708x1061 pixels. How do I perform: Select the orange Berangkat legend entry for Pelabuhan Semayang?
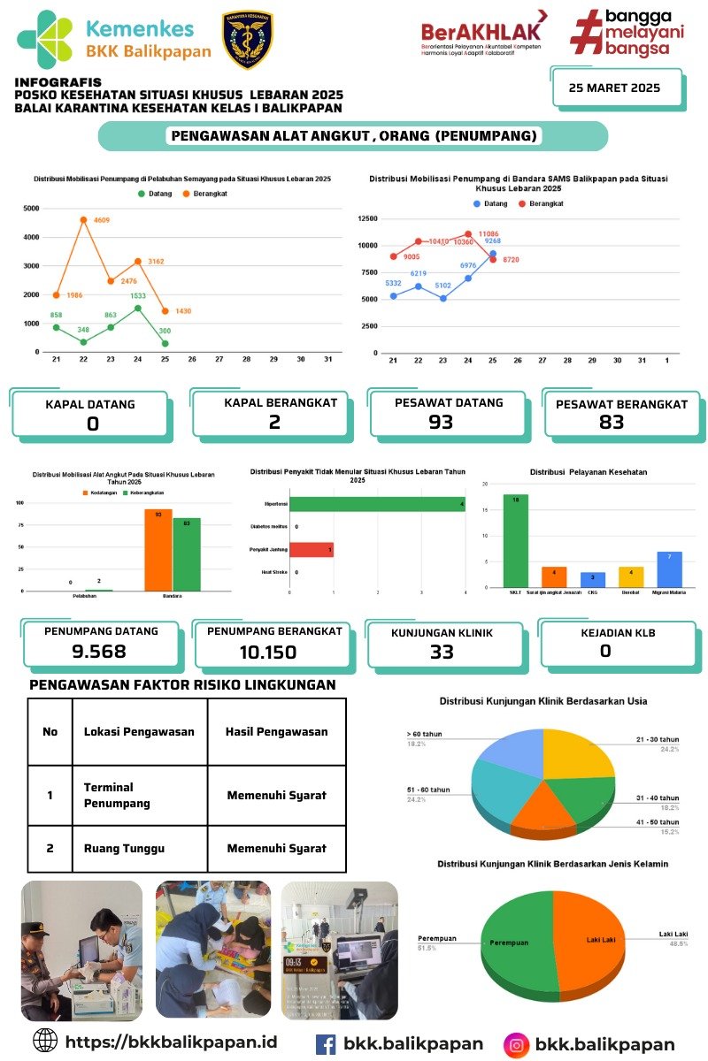[203, 193]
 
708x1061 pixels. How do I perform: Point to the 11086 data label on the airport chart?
[489, 233]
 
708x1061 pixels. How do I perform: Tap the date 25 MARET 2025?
[614, 88]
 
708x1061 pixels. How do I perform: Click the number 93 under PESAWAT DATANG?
[440, 423]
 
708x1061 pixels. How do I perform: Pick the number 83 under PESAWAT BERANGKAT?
[612, 423]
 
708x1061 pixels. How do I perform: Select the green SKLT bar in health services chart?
[515, 540]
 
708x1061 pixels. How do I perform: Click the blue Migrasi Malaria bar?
[669, 569]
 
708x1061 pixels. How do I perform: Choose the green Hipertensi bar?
[377, 504]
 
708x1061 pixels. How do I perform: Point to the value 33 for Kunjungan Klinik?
[442, 652]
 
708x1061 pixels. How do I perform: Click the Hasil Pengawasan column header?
[276, 732]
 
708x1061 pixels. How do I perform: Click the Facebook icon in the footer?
[326, 1044]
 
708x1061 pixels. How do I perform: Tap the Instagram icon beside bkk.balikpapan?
[516, 1044]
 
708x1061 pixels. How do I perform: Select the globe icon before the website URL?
[44, 1040]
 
